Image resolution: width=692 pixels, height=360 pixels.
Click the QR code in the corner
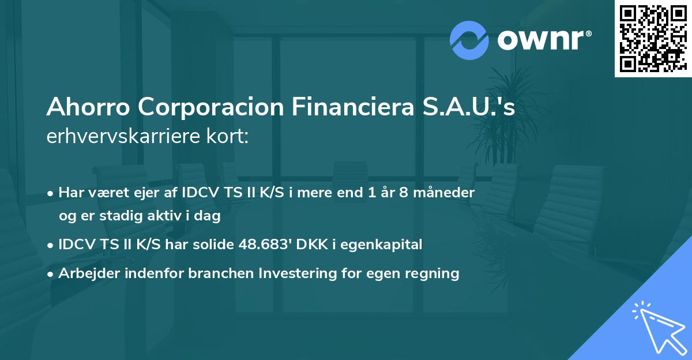(653, 38)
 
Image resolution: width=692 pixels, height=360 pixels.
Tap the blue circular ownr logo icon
(469, 40)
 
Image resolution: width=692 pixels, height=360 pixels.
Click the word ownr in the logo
(543, 40)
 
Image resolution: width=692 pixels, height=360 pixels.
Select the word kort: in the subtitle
(229, 138)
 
